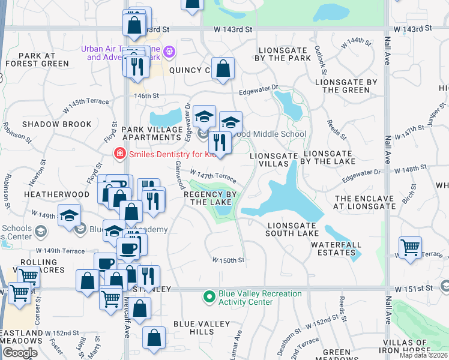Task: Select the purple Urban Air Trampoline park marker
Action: (x=170, y=53)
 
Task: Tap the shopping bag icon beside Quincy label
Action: (x=223, y=69)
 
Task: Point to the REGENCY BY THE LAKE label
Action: (x=209, y=199)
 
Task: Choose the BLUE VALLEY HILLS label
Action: (x=202, y=328)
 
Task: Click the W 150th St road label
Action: (x=228, y=260)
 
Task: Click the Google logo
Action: (x=20, y=353)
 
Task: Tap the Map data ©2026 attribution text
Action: (x=424, y=355)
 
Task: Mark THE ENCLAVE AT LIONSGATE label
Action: (x=365, y=202)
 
